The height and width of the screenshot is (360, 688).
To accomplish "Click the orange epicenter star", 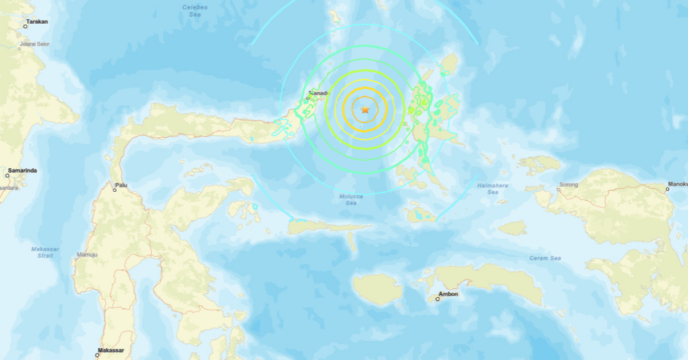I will coord(365,109).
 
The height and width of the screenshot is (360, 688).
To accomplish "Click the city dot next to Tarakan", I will coord(26,26).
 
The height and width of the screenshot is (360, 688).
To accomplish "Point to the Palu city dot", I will coord(114,190).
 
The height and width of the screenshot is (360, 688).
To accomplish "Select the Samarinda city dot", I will coord(7,175).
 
